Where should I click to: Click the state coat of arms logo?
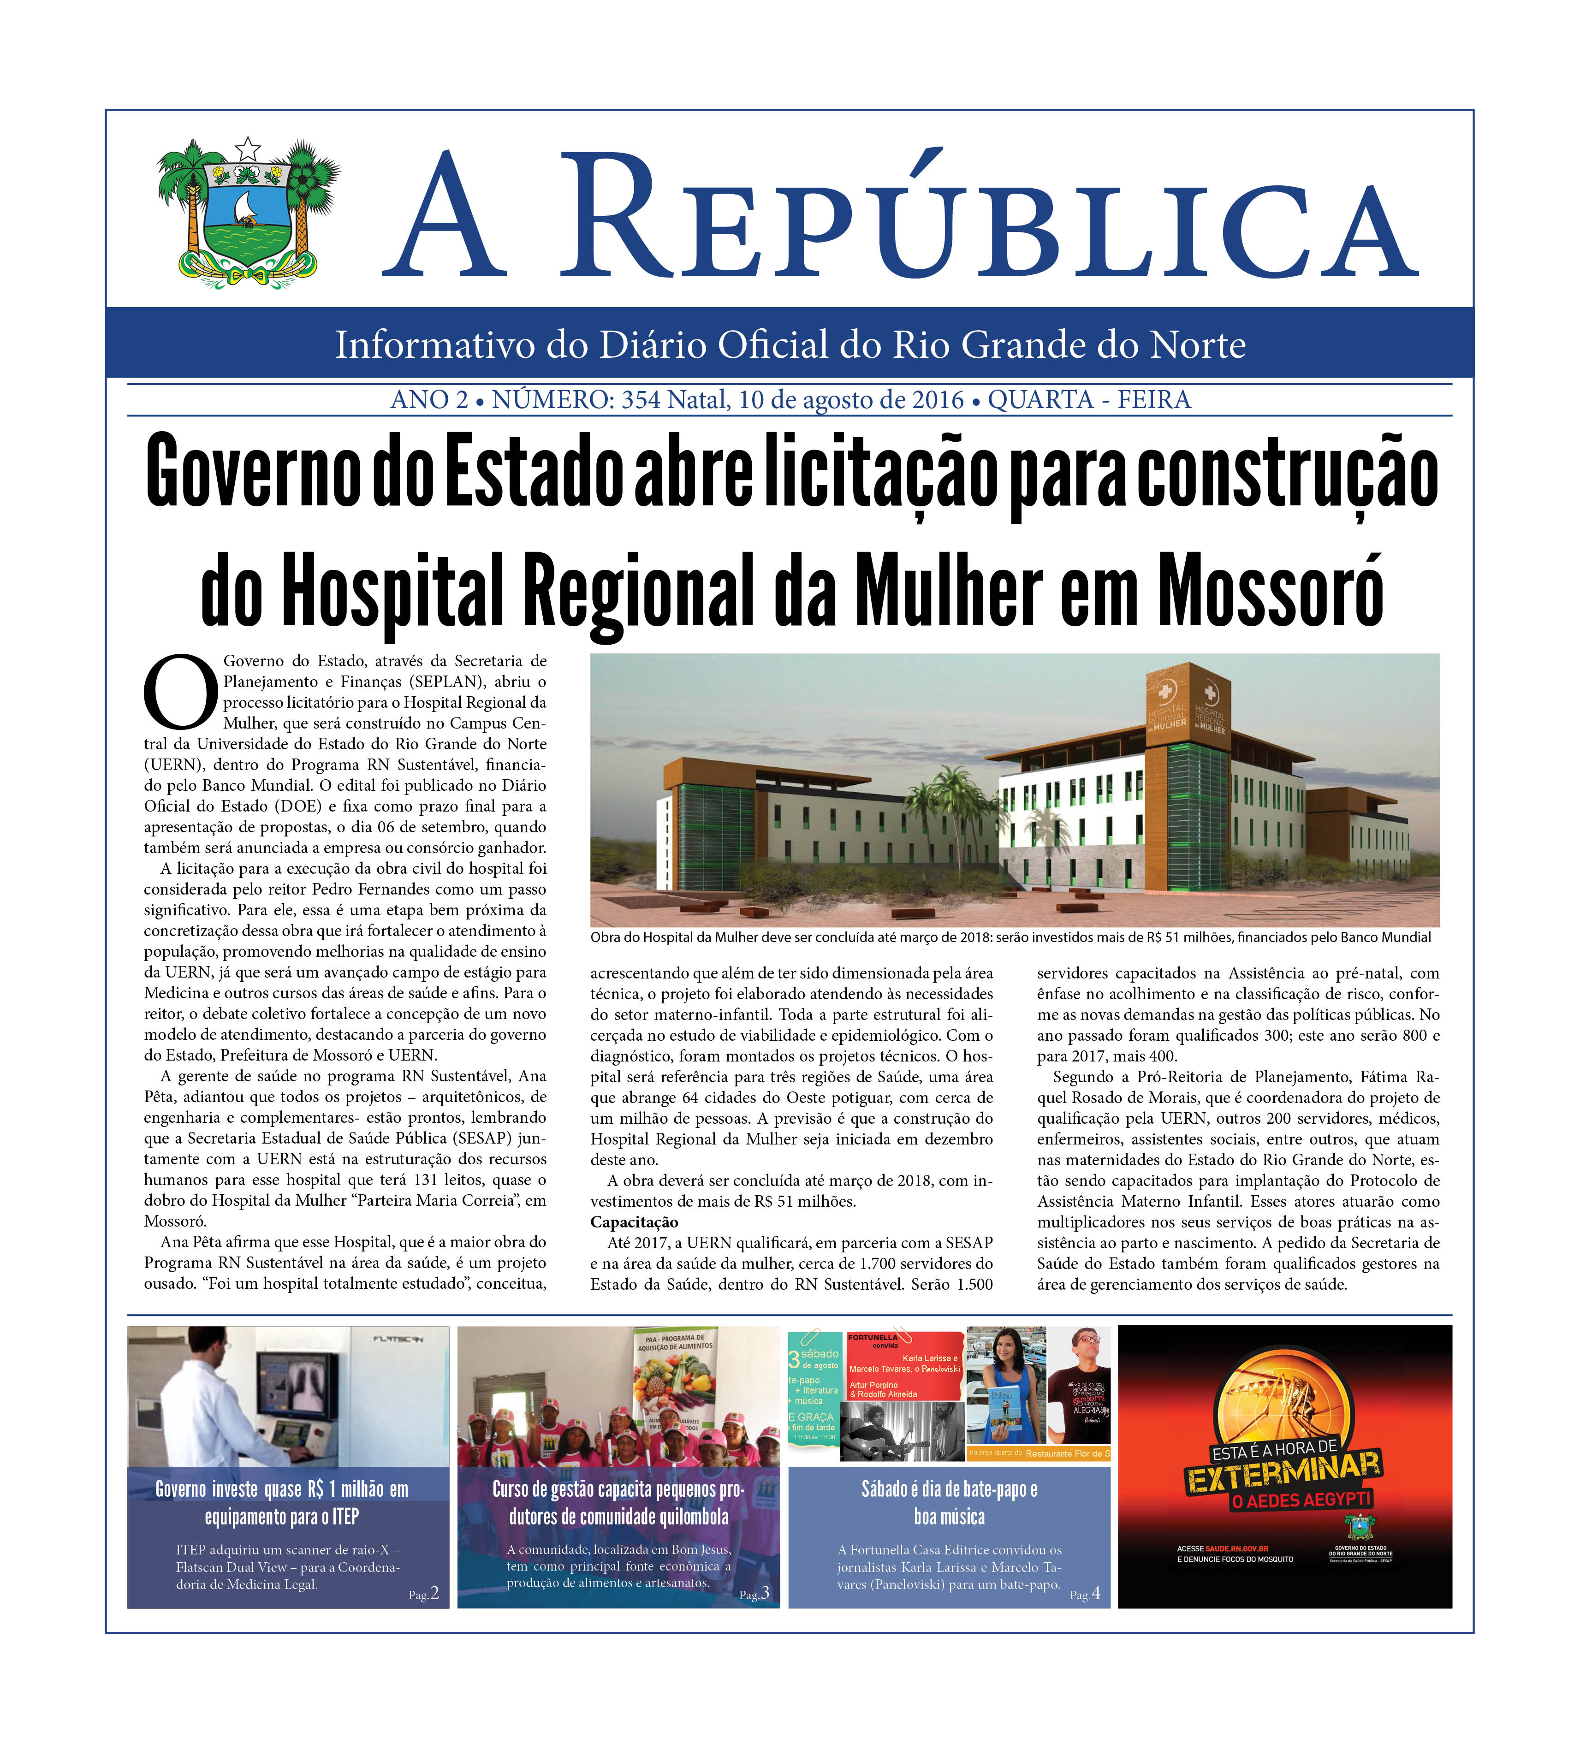(x=248, y=212)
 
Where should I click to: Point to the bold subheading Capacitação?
(x=634, y=1221)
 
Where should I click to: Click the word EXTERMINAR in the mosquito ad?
(x=1284, y=1471)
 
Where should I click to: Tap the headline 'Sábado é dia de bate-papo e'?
(x=949, y=1489)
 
